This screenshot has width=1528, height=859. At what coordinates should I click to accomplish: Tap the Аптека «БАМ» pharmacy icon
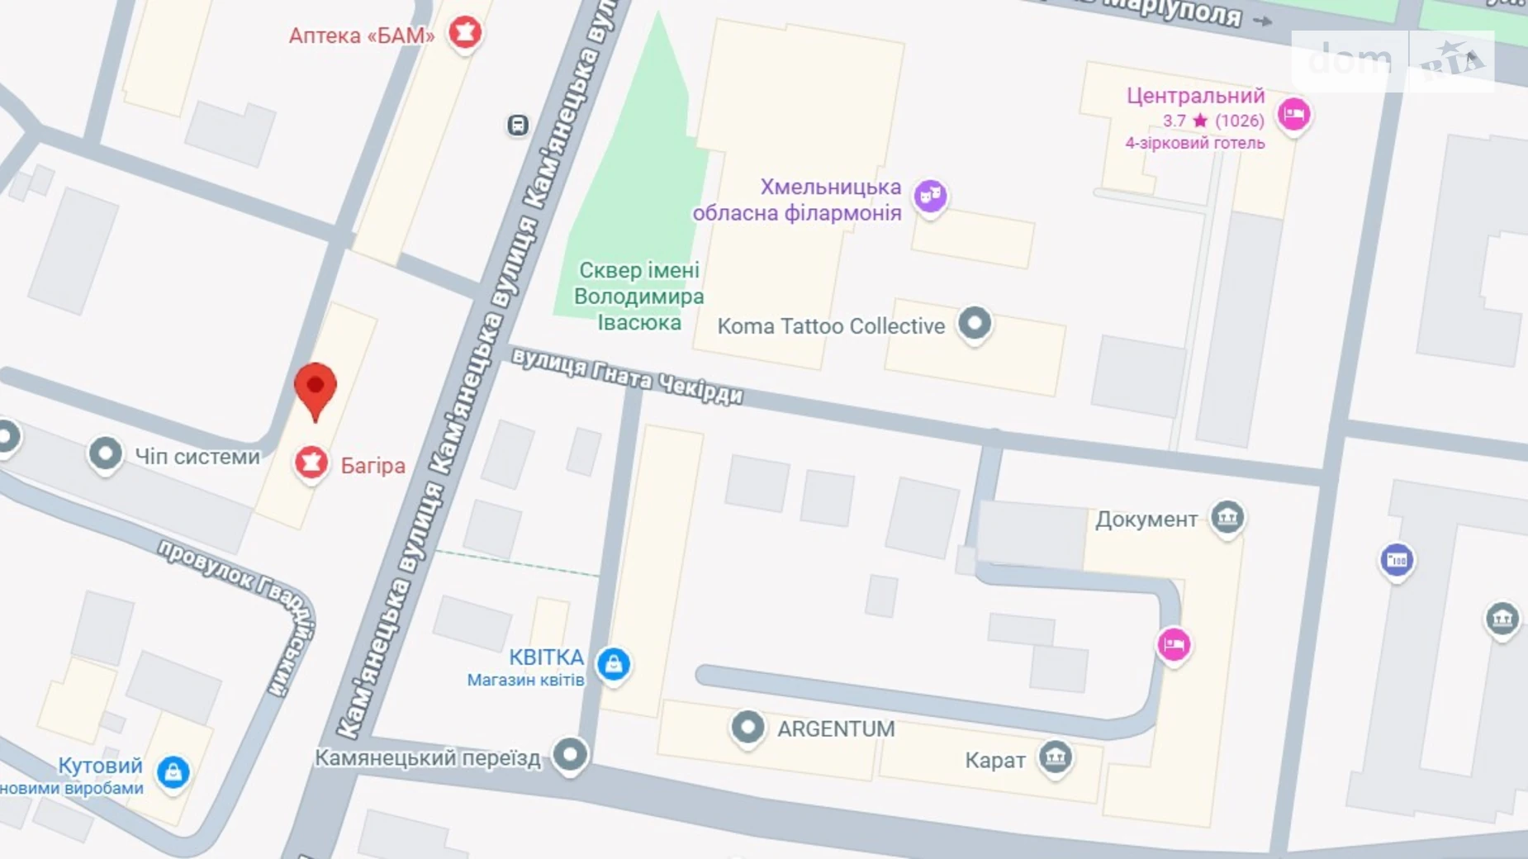tap(465, 33)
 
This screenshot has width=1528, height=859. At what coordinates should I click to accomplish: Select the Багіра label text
tap(373, 466)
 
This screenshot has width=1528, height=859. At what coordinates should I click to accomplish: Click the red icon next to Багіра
tap(311, 463)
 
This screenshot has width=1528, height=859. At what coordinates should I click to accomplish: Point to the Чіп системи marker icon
tap(105, 453)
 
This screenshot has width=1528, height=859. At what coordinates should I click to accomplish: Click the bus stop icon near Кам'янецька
tap(518, 126)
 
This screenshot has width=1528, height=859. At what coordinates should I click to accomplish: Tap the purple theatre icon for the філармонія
tap(930, 196)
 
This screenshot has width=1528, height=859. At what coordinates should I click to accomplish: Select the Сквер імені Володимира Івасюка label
tap(638, 297)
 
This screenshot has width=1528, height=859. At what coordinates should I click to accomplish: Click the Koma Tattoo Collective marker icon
tap(975, 323)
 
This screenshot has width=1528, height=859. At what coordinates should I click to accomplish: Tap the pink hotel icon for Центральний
tap(1293, 114)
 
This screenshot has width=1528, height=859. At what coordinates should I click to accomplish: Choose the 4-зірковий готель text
tap(1194, 144)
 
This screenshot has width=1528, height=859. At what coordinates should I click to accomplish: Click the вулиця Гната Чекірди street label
tap(627, 377)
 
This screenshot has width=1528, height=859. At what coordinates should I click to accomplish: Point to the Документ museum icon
tap(1227, 518)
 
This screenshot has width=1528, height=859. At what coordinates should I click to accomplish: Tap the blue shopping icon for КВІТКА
tap(613, 664)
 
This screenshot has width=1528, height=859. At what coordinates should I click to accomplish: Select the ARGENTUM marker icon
tap(747, 728)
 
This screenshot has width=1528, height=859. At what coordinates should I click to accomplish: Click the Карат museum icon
tap(1055, 757)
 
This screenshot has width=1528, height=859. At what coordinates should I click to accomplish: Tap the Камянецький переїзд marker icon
tap(570, 754)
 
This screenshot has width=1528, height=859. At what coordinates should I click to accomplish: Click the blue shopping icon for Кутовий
tap(173, 772)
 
